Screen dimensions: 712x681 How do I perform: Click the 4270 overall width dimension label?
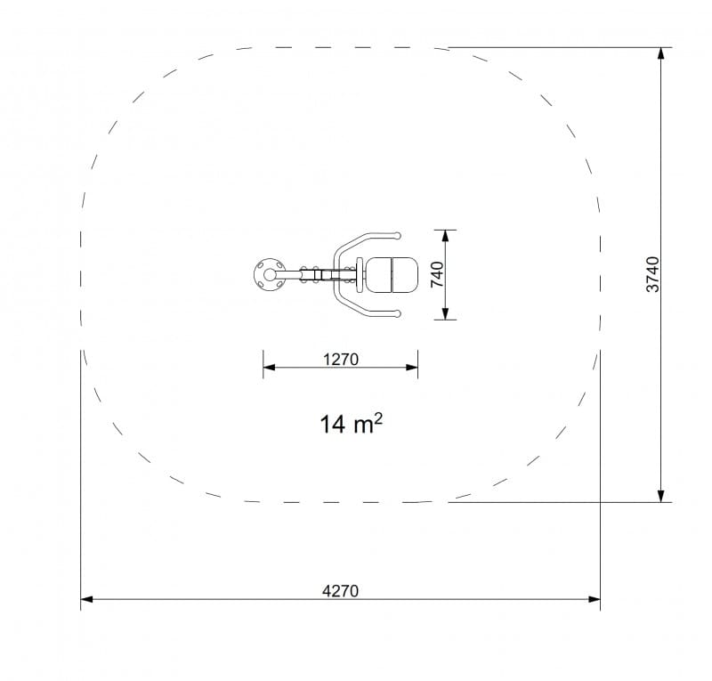[340, 591]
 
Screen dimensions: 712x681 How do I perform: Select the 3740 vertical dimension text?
[652, 274]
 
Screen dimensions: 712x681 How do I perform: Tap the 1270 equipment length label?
[341, 360]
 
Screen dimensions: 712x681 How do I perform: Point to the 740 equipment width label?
[437, 274]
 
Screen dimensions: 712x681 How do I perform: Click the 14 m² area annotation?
[351, 424]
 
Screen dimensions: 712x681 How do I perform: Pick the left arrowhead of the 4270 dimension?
[86, 599]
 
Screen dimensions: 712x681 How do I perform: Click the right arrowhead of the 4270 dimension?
[594, 599]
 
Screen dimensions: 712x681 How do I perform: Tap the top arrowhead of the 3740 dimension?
[661, 53]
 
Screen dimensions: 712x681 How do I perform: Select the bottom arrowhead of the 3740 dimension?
[661, 496]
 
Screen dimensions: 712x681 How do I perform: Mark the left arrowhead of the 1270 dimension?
[270, 367]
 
